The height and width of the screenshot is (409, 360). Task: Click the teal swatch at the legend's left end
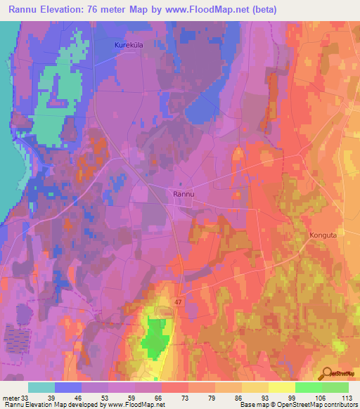click(41, 387)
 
